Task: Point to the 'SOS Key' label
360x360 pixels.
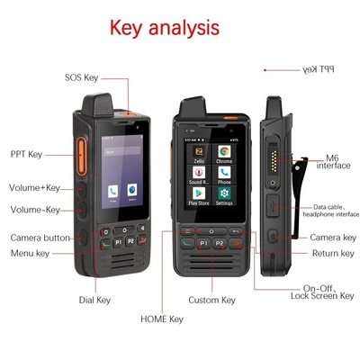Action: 81,78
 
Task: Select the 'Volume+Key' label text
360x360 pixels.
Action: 34,188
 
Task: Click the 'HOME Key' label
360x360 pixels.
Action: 162,319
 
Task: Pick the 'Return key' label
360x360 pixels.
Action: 333,254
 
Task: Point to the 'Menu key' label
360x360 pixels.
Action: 31,254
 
